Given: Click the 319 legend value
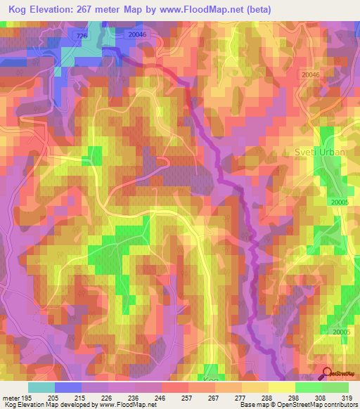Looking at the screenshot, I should (348, 398).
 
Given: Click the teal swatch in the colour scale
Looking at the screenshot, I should (41, 387).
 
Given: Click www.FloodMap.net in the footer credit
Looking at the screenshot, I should (124, 405).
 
